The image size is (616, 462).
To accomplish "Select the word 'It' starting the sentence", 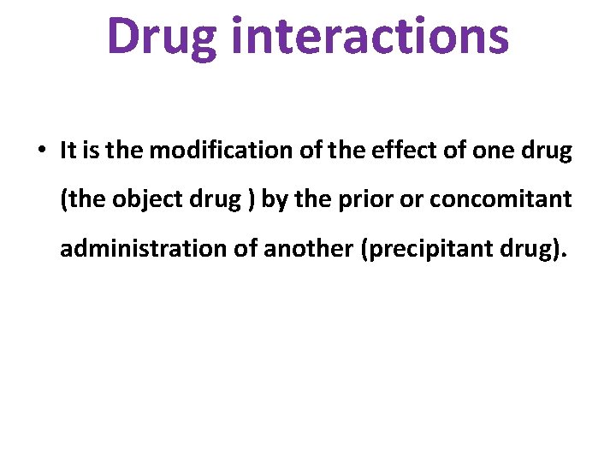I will coord(68,151).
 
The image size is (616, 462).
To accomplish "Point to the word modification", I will coord(216,151).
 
